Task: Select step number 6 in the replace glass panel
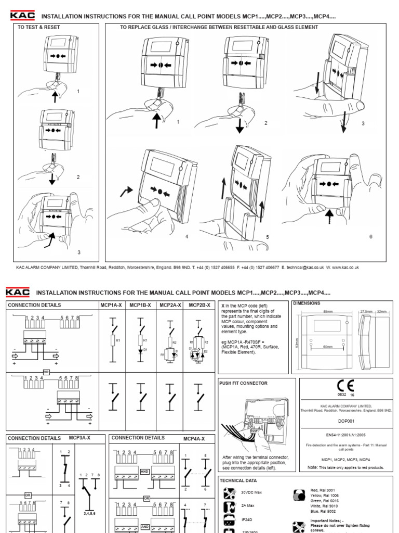click(371, 236)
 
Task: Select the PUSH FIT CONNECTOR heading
click(243, 383)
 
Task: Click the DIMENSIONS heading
click(307, 303)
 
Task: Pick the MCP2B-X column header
click(199, 305)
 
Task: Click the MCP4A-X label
click(194, 439)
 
